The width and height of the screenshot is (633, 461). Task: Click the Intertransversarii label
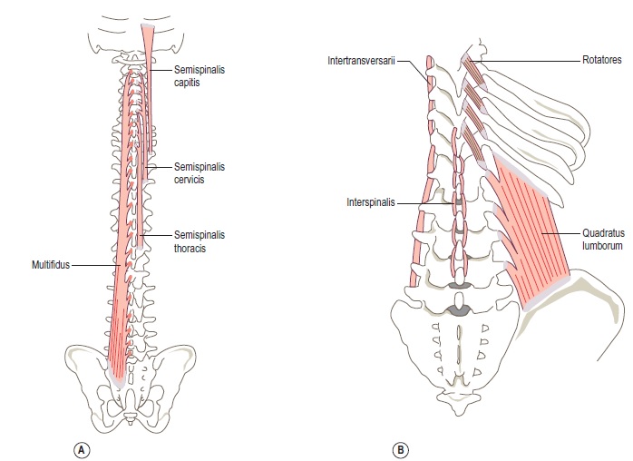coord(362,63)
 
